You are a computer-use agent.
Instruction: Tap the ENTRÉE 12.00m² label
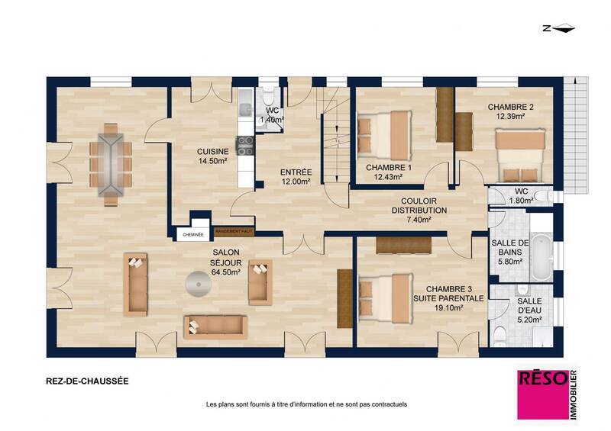click(x=295, y=177)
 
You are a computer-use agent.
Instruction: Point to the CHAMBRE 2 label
click(x=510, y=111)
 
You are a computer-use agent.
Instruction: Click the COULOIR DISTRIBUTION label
click(x=419, y=210)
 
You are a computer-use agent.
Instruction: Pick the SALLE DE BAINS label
click(x=508, y=251)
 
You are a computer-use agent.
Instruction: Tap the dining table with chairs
click(x=109, y=166)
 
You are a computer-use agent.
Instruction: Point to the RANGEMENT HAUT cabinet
click(x=234, y=231)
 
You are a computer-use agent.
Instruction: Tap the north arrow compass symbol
click(x=563, y=29)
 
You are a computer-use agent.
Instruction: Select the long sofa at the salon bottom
click(x=214, y=326)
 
